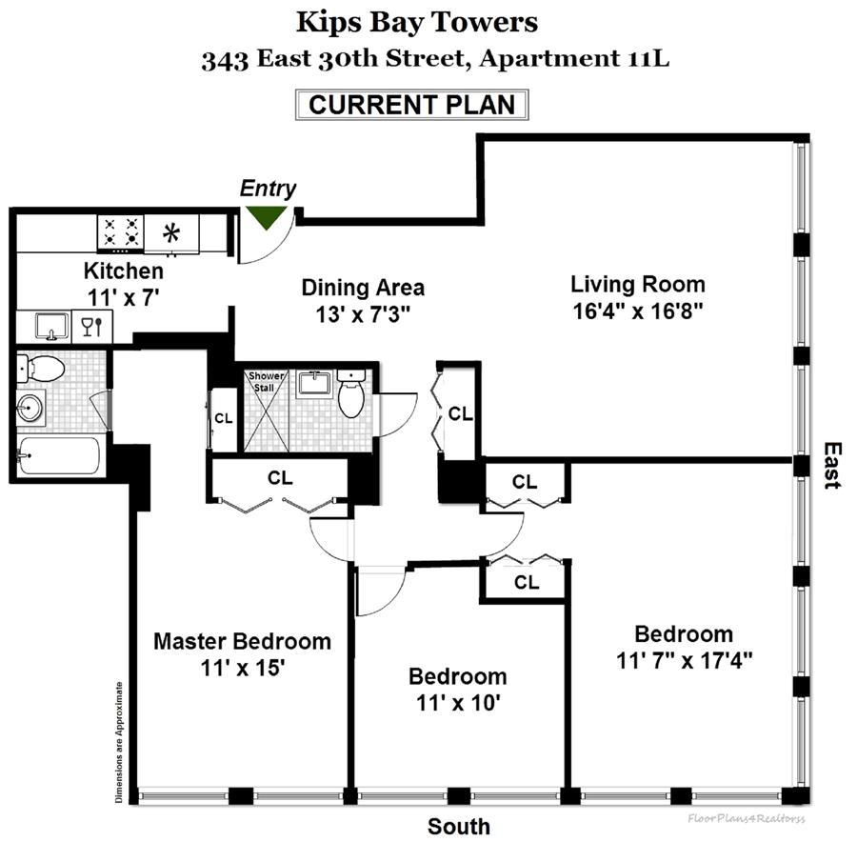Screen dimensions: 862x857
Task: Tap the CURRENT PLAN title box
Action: (411, 104)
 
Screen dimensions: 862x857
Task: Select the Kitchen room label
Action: (123, 270)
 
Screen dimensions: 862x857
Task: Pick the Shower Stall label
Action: (266, 381)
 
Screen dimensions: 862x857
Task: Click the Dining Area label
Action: (363, 287)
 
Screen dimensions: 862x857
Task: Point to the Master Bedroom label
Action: (243, 640)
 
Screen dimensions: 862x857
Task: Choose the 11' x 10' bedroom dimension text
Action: (457, 704)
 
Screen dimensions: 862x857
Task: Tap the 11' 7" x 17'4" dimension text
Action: (685, 660)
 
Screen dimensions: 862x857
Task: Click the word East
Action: (832, 465)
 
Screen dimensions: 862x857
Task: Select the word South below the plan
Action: (459, 827)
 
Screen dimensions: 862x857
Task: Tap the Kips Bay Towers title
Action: (416, 21)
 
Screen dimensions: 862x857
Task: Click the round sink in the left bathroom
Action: (31, 409)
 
